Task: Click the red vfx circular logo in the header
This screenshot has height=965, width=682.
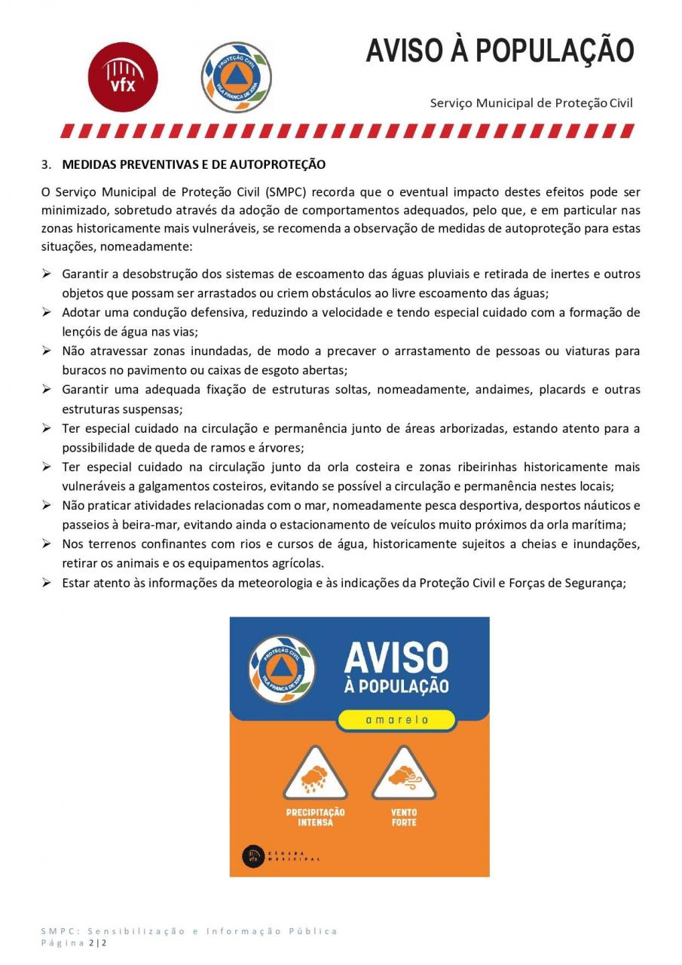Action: tap(124, 78)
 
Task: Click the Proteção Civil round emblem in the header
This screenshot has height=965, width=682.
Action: tap(237, 78)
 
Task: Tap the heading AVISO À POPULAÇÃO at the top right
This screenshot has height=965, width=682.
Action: tap(500, 51)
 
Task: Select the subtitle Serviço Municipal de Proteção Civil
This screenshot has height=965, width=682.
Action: tap(531, 103)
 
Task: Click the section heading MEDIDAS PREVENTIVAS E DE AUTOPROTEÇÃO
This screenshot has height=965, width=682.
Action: tap(194, 164)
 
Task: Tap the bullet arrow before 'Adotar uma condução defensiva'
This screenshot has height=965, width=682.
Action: tap(47, 311)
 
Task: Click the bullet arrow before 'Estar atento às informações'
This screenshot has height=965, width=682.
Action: tap(47, 583)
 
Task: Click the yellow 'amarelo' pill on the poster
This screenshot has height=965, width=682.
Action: tap(396, 720)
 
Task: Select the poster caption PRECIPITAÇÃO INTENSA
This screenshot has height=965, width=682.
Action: tap(315, 817)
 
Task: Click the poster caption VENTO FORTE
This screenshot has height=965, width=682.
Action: tap(404, 817)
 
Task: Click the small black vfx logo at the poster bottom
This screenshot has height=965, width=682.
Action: tap(252, 856)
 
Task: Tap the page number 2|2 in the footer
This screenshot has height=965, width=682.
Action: tap(98, 943)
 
